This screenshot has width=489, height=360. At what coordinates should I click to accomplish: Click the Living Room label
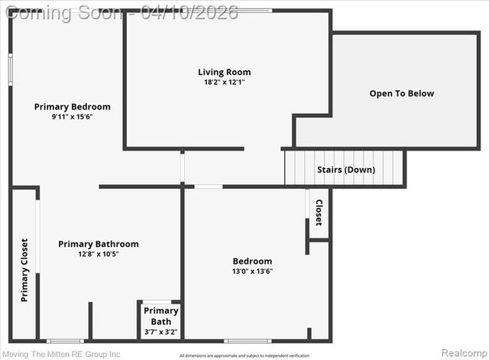[x=224, y=73]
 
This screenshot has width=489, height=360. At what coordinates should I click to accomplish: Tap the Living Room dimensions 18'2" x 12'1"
[x=224, y=82]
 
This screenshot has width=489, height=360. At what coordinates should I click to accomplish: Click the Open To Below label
[x=401, y=94]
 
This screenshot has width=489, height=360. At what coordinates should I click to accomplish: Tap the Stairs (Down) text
[x=345, y=170]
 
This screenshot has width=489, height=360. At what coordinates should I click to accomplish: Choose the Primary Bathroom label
[x=99, y=245]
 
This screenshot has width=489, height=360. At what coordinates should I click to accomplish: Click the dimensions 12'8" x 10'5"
[x=99, y=254]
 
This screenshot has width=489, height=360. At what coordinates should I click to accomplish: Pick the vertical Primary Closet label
[x=24, y=270]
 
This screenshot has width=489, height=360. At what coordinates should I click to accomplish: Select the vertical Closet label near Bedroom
[x=319, y=212]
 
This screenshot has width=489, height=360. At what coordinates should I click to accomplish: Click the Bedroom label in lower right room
[x=252, y=261]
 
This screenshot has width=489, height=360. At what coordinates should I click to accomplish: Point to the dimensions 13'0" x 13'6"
[x=252, y=271]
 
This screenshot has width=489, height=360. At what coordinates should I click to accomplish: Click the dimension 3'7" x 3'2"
[x=160, y=332]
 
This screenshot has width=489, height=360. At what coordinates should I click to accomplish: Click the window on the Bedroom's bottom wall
[x=248, y=340]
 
